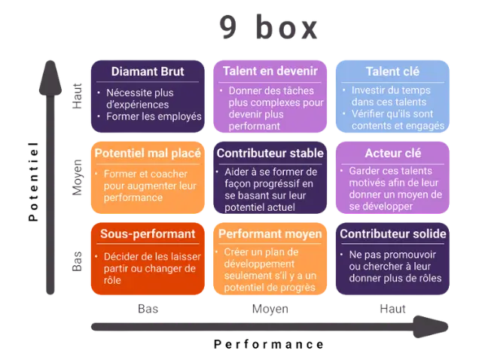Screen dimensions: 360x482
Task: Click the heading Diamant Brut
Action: (148, 72)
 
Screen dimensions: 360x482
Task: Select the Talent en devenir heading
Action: (270, 72)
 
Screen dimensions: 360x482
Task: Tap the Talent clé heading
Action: (392, 72)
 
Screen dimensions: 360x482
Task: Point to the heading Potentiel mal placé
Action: (148, 153)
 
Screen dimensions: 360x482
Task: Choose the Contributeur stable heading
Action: (270, 153)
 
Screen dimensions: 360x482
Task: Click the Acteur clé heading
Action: (392, 153)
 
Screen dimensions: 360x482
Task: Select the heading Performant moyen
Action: (270, 233)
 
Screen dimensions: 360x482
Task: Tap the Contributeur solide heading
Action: (393, 233)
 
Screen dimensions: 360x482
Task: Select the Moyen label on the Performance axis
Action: (269, 308)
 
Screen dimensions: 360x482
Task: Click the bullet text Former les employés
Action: (154, 116)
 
